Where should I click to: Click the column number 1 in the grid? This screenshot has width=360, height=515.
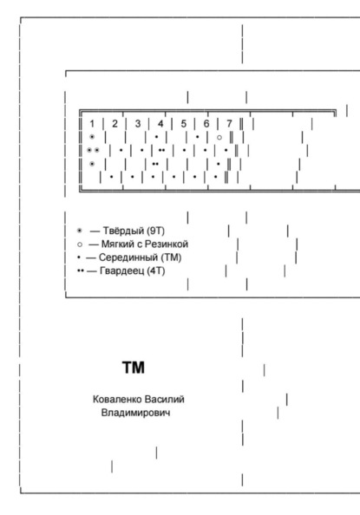pos(92,124)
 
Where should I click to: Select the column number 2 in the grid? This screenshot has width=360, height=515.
pos(115,124)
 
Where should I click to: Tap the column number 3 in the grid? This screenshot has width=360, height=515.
pos(138,124)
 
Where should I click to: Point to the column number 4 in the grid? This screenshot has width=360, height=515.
pos(160,124)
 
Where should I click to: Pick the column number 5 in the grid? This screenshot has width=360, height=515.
pos(183,124)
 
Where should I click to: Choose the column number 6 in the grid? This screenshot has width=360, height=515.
pos(206,124)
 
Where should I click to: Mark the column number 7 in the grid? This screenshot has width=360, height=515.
pos(229,124)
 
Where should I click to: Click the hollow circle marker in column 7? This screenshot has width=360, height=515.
pos(219,137)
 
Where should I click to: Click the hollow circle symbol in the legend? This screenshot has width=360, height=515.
pos(80,244)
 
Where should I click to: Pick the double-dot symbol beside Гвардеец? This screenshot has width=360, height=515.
pos(81,271)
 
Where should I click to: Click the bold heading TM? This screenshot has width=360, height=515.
pos(134,368)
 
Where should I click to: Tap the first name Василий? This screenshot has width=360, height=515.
pos(164,400)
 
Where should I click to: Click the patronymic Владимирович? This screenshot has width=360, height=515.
pos(136,413)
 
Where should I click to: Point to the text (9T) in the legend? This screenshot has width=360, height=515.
pos(156,231)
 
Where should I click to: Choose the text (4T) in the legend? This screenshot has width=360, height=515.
pos(156,271)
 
